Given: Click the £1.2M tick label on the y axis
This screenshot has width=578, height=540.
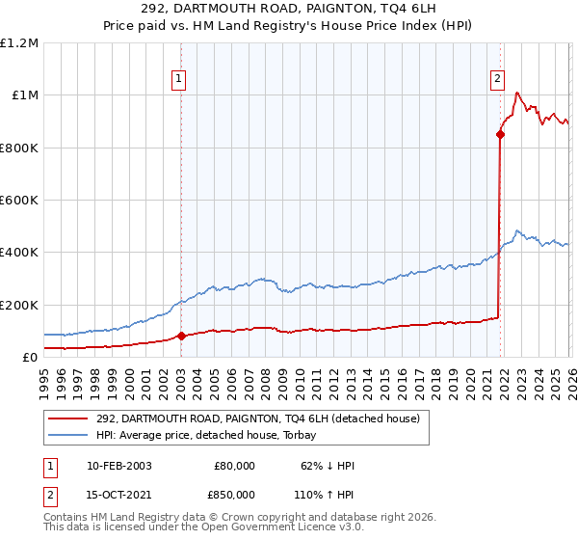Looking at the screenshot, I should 19,42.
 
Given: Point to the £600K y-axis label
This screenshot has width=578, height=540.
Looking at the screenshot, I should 19,200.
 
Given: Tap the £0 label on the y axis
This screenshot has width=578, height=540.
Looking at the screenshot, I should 30,357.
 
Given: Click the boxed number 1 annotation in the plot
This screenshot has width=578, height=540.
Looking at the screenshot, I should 180,80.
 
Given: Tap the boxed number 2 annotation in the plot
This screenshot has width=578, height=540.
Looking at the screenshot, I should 497,80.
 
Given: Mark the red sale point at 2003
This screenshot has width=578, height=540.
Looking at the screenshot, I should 181,337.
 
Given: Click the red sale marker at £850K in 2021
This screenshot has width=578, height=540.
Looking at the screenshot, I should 500,135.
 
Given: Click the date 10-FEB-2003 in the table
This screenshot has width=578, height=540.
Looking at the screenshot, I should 118,466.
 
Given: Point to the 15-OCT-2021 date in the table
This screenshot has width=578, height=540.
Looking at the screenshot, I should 118,494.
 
